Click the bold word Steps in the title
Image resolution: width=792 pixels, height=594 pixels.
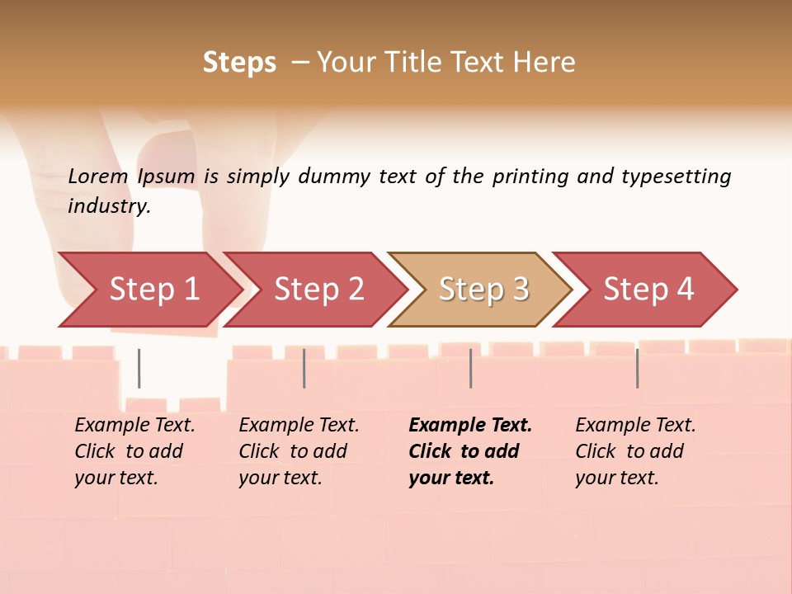(x=239, y=63)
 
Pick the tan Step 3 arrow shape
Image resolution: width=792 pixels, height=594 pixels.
(x=483, y=290)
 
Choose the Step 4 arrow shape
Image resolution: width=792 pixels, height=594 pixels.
(x=648, y=290)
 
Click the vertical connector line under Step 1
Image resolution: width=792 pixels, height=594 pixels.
(x=139, y=368)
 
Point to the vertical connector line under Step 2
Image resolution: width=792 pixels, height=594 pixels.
(x=304, y=368)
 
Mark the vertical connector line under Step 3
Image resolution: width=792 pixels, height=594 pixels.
(x=470, y=368)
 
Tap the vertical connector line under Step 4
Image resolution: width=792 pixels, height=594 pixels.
(x=637, y=368)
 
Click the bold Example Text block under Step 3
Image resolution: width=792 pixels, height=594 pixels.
(x=470, y=451)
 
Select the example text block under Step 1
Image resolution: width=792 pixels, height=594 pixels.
(x=134, y=451)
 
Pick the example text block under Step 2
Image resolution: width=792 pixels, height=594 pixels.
(x=299, y=451)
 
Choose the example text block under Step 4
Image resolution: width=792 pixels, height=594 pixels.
(x=635, y=451)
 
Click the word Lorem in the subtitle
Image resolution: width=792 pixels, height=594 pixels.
(x=98, y=176)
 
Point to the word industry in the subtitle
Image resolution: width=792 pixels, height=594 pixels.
(x=109, y=205)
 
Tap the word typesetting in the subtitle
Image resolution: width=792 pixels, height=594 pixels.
(x=676, y=177)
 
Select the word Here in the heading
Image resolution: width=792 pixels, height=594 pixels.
(x=544, y=63)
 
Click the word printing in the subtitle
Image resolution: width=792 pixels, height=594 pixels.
(x=528, y=177)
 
